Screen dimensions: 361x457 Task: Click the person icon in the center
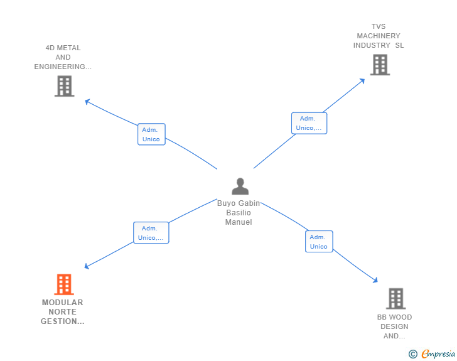[240, 186]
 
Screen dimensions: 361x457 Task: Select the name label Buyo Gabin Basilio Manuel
[239, 213]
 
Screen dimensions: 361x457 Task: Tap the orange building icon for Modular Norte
[63, 284]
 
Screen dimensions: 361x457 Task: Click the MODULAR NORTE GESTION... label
[63, 312]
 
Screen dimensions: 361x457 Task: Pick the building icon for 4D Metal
[64, 86]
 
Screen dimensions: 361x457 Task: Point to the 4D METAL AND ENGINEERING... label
[63, 57]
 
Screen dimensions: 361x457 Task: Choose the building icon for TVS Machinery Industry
[379, 65]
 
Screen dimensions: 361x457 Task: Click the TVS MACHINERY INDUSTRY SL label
[379, 36]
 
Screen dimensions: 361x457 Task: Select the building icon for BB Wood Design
[395, 299]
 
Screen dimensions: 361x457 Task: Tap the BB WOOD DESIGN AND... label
[394, 326]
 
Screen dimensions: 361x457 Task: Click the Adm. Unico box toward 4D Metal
[151, 134]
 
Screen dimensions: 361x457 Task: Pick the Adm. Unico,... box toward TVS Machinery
[309, 123]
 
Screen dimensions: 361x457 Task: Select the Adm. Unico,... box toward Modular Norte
[151, 233]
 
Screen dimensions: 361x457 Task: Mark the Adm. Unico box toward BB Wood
[319, 242]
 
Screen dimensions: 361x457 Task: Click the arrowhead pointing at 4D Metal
[87, 100]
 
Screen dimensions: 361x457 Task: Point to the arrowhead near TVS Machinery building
[362, 80]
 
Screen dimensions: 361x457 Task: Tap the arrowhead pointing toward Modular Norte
[87, 267]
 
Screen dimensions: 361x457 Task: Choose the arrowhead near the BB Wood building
[375, 281]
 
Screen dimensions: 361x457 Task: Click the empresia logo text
[438, 354]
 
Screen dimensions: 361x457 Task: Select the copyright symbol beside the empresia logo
[413, 354]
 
